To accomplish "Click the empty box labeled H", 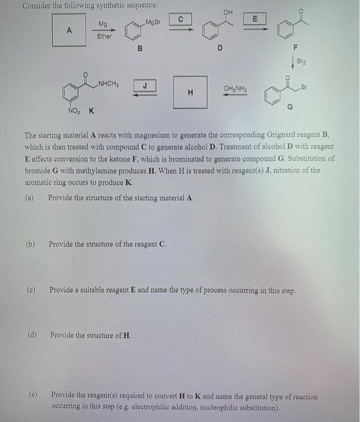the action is (190, 92).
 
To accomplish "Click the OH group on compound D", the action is (227, 11).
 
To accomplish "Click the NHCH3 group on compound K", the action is (109, 84).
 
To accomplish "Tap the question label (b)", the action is (30, 244).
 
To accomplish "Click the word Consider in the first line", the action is (36, 5).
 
